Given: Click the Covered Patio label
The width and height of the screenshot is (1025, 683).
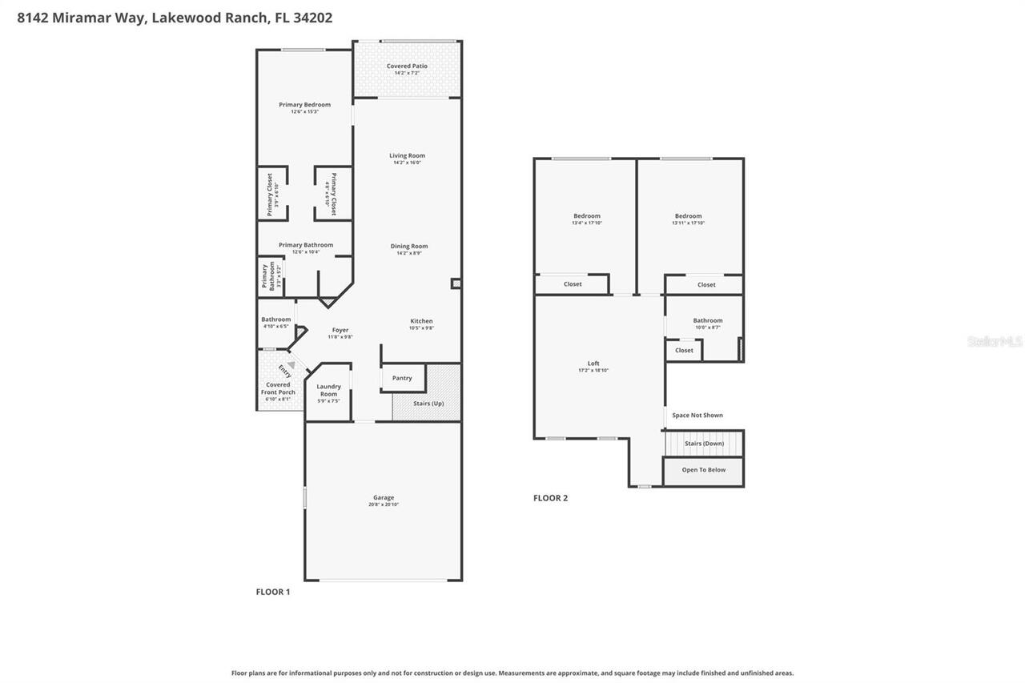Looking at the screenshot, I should click(407, 66).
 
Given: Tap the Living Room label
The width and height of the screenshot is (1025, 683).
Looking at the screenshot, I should click(407, 156).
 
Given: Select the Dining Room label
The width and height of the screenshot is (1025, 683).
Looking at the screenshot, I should click(408, 247).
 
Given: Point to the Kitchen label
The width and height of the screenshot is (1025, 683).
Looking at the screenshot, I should click(421, 322).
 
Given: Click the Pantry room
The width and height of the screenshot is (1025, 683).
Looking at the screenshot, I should click(402, 378).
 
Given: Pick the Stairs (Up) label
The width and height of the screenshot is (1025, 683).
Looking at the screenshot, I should click(428, 404).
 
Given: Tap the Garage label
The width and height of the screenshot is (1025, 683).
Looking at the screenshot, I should click(384, 498).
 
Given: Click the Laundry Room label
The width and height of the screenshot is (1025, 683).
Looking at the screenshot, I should click(328, 390).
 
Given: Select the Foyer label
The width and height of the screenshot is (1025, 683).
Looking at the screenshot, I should click(340, 331).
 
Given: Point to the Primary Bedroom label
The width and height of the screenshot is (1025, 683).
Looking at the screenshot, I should click(304, 105).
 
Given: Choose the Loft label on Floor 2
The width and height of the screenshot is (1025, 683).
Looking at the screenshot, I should click(593, 364).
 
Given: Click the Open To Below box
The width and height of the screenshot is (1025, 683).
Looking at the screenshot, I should click(703, 471).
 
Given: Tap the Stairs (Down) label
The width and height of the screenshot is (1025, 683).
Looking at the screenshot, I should click(704, 444).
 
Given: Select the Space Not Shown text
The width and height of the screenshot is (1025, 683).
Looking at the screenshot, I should click(697, 416).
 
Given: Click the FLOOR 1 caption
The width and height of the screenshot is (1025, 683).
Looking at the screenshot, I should click(273, 592).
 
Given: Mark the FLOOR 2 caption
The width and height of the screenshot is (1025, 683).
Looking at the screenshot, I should click(550, 498).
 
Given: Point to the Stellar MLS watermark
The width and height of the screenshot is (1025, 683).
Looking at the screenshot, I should click(995, 342).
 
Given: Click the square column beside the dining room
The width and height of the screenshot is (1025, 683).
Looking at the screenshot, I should click(456, 283).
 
